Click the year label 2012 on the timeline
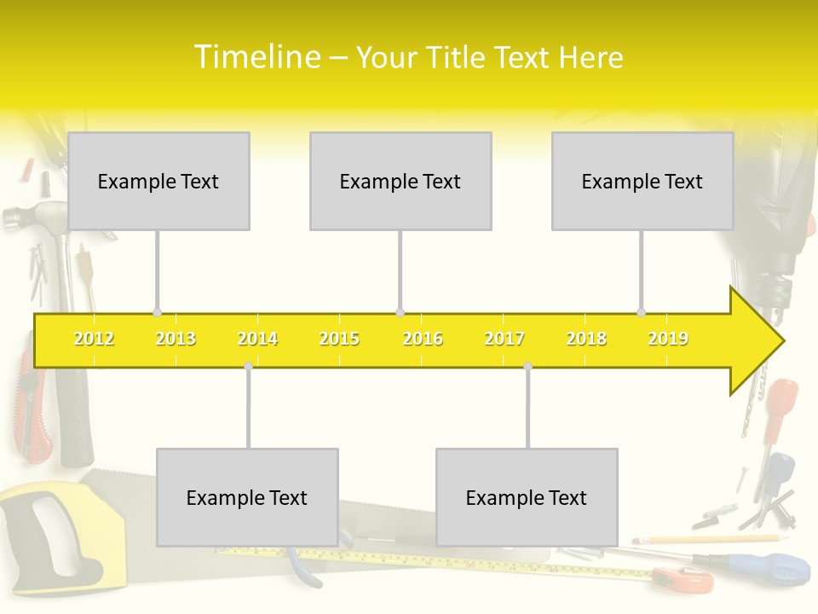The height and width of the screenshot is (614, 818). tap(94, 339)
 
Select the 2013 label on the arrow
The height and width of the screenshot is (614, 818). tap(176, 339)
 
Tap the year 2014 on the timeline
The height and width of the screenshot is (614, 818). tap(257, 339)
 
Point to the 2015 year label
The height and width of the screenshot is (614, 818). tap(339, 339)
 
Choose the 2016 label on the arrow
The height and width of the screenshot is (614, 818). tap(423, 339)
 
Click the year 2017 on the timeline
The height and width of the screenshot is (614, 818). tap(504, 339)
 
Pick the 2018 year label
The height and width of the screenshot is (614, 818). tap(586, 339)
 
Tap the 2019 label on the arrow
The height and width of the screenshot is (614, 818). tap(668, 339)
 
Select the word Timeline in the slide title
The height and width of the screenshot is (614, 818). tap(256, 57)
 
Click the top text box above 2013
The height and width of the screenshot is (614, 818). tap(158, 181)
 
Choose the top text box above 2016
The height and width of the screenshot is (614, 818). tap(400, 181)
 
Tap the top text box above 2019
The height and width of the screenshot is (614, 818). tap(642, 181)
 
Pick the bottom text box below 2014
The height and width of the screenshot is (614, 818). tap(247, 497)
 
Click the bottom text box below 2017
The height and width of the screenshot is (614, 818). tap(527, 497)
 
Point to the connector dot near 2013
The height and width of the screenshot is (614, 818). tap(157, 312)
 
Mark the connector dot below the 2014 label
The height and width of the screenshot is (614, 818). tap(248, 366)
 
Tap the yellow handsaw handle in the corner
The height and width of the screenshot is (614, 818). tap(43, 529)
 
